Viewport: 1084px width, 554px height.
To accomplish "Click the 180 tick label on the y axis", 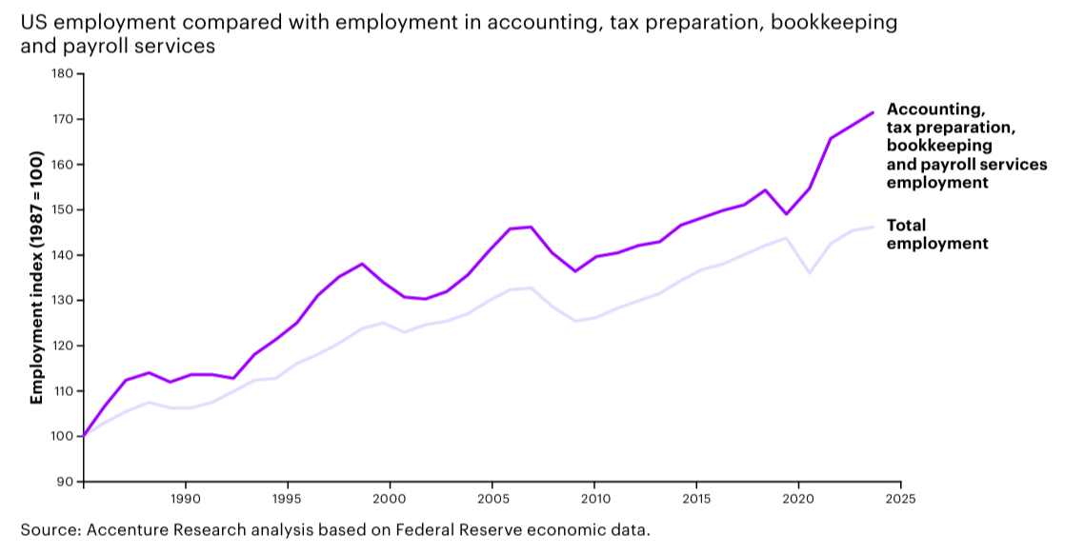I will [x=63, y=73].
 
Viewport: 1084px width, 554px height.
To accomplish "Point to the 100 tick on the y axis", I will [x=63, y=436].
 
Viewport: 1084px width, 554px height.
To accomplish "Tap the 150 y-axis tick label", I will [x=63, y=209].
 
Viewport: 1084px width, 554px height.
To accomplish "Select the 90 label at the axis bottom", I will [x=67, y=482].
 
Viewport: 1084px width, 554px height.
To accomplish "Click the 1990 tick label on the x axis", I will [x=185, y=498].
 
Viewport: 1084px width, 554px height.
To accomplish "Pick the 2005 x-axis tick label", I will [x=492, y=498].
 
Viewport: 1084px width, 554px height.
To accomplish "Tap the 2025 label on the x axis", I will [x=900, y=498].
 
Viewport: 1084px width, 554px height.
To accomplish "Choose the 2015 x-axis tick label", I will [x=696, y=498].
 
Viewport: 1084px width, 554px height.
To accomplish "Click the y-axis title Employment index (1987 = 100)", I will [x=37, y=276].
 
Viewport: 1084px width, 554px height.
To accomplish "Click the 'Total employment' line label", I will [x=936, y=234].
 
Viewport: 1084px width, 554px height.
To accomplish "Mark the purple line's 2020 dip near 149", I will [x=786, y=214].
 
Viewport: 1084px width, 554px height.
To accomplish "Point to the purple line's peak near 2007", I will [x=531, y=227].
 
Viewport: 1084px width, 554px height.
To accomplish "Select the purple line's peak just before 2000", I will [x=362, y=264].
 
